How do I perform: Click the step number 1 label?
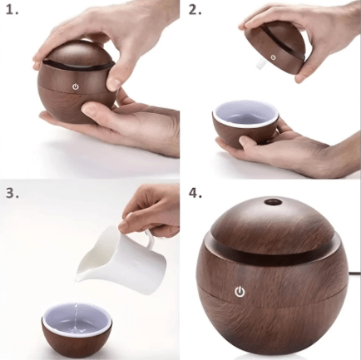pos(12,11)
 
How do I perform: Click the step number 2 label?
pos(195,11)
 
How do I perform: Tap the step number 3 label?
pos(12,193)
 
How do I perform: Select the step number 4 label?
pos(195,193)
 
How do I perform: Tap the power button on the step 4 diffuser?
pos(240,292)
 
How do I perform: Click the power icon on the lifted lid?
pos(273,57)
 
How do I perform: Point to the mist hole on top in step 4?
pos(272,202)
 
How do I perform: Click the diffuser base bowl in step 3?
pos(76,333)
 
